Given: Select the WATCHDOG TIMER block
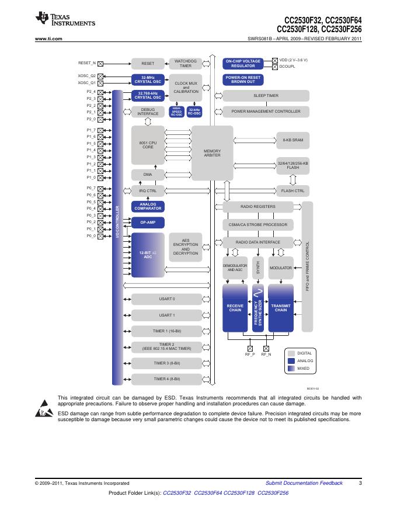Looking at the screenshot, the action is (x=185, y=63).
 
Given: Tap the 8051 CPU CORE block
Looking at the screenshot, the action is (x=148, y=145).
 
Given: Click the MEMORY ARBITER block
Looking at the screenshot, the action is (x=212, y=153).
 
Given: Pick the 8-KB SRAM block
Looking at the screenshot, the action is (x=292, y=140).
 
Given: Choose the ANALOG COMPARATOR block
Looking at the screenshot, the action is (x=148, y=206).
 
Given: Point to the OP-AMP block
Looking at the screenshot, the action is (x=148, y=223).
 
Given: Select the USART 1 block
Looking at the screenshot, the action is (x=167, y=315).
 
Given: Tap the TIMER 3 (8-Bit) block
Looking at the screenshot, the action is (x=167, y=363).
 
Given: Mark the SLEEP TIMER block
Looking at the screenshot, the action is (x=266, y=95).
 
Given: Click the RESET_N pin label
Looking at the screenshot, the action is (x=86, y=62).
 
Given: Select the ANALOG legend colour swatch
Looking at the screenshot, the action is (x=291, y=361).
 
